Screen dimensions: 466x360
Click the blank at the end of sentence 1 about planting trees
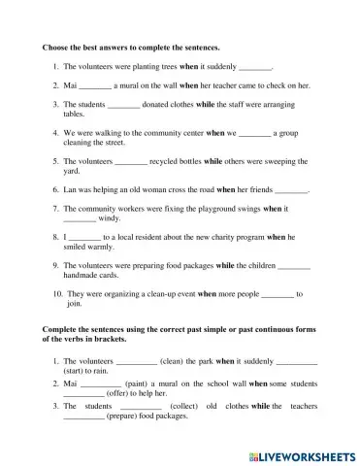pos(255,68)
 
